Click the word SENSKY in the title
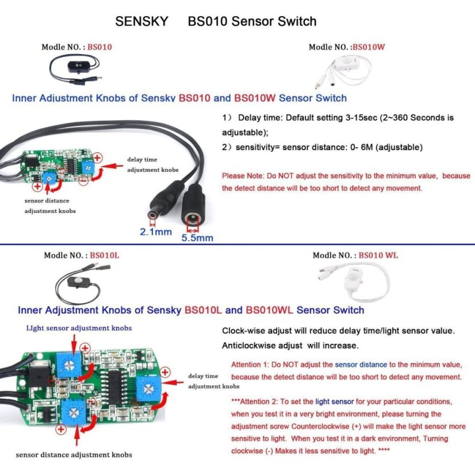click(x=141, y=22)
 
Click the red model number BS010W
click(x=368, y=47)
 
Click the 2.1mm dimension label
click(x=156, y=232)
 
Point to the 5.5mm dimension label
click(x=197, y=236)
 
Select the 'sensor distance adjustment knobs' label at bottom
click(x=74, y=455)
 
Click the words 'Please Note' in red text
click(x=237, y=176)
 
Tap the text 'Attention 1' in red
click(x=250, y=365)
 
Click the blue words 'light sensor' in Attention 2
click(x=330, y=401)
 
